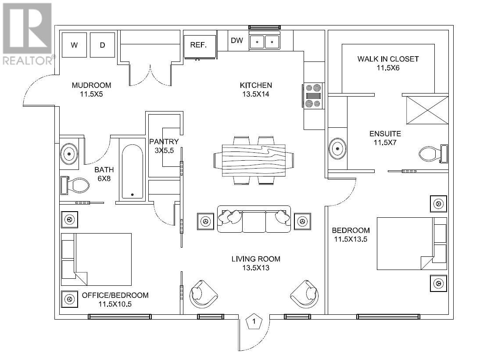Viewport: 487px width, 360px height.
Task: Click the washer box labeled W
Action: [x=74, y=45]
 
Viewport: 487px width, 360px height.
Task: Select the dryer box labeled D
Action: [x=102, y=45]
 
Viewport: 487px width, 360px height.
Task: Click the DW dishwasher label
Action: [x=237, y=41]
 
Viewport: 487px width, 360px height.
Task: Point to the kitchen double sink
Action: [x=265, y=42]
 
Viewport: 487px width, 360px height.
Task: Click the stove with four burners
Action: [x=313, y=95]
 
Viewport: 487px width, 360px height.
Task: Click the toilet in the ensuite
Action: [x=432, y=154]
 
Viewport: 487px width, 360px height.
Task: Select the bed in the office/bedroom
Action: [x=97, y=259]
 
